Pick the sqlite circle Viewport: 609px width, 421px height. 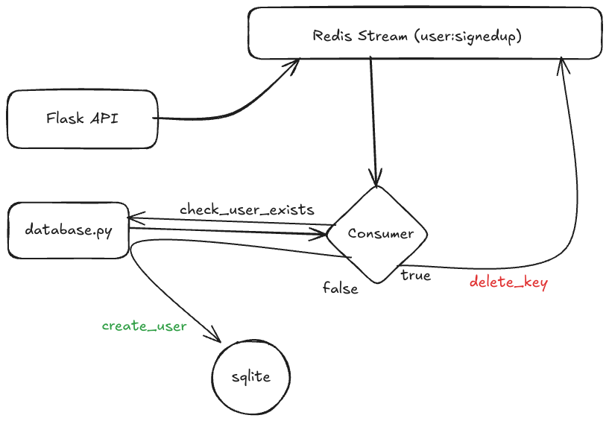250,377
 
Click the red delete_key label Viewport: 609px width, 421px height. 508,283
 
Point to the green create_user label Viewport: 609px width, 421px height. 144,326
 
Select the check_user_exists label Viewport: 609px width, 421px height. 247,209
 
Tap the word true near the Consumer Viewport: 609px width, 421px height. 415,276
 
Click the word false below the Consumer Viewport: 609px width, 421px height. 340,288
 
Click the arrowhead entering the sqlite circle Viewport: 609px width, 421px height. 218,338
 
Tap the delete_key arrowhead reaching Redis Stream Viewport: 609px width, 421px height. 562,65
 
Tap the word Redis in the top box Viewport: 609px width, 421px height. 330,36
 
